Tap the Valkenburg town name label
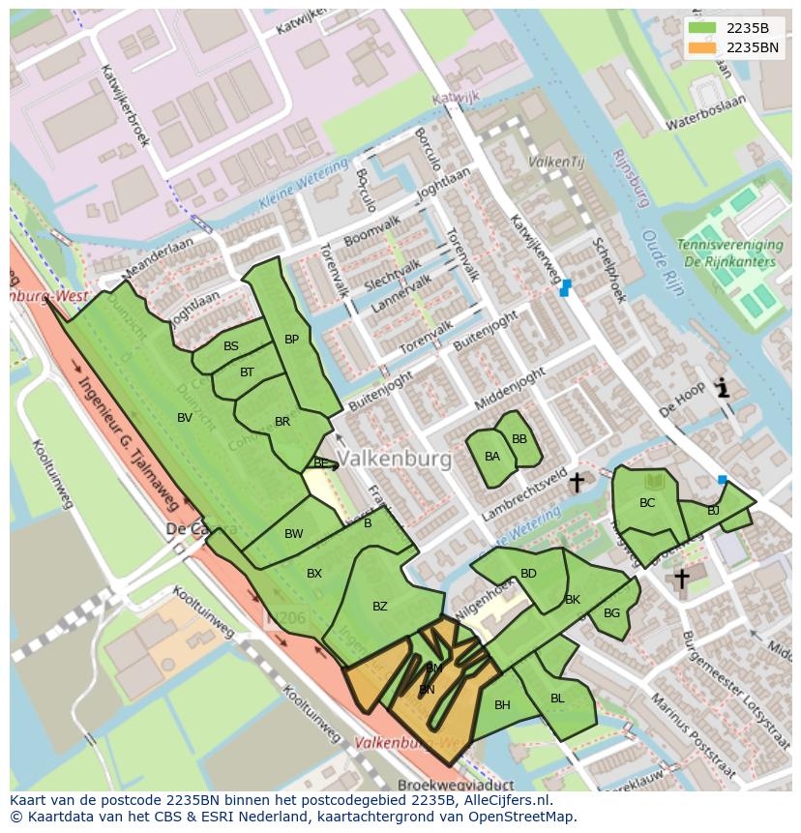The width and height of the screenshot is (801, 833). [396, 460]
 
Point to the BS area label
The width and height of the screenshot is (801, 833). [231, 346]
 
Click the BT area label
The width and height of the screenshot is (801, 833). [247, 372]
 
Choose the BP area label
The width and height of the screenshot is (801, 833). [291, 340]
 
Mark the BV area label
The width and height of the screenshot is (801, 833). [185, 417]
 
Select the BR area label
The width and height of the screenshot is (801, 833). [282, 422]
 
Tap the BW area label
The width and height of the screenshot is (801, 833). [294, 534]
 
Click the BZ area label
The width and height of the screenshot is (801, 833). [380, 607]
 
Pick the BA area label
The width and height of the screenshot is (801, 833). [492, 457]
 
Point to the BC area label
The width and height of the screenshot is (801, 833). [647, 503]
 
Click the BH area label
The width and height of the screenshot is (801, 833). [502, 705]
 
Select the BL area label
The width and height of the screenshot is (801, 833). [557, 699]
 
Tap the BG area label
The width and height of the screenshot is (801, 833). [611, 613]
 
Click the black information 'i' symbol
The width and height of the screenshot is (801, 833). [722, 389]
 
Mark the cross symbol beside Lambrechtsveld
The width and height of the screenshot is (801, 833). [577, 482]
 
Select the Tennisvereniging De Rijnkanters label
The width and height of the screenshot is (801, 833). [727, 253]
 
